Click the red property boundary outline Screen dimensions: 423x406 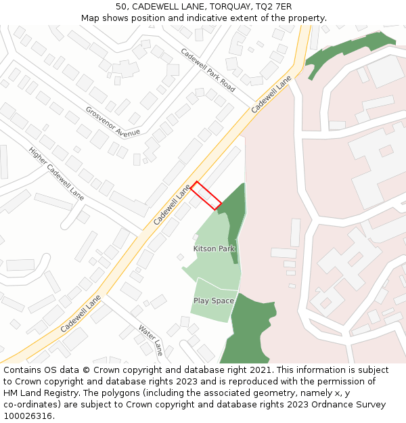(206, 196)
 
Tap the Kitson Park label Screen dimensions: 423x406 (214, 249)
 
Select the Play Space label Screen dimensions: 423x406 (214, 300)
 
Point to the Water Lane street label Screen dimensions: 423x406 (151, 340)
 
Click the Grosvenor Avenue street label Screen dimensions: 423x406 (113, 120)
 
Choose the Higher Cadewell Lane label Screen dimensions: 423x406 (56, 173)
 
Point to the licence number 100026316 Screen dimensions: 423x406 (27, 416)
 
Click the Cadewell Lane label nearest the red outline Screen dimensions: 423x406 (172, 205)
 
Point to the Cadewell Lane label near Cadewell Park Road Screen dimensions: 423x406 (271, 94)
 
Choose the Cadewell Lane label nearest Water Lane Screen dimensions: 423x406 (81, 313)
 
